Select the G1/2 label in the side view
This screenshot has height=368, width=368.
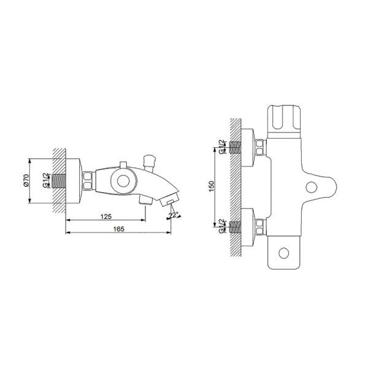point(46,181)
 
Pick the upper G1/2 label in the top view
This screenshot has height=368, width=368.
point(222,147)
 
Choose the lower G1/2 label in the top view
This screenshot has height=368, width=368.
point(222,226)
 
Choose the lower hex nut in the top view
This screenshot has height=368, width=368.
point(261,226)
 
